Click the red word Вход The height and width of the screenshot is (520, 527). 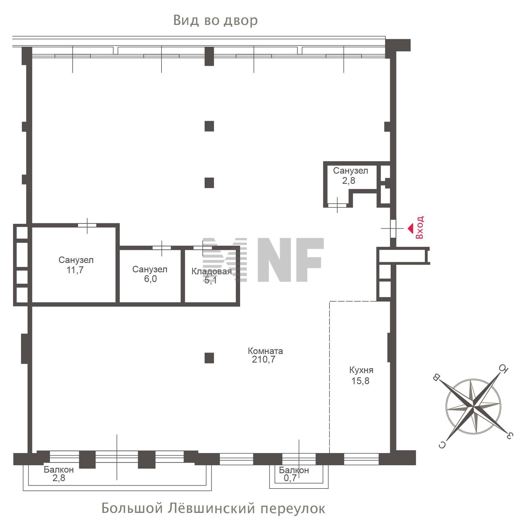(419, 227)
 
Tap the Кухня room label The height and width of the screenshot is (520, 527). (361, 370)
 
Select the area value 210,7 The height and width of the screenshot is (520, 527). (263, 360)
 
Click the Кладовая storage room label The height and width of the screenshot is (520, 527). (211, 271)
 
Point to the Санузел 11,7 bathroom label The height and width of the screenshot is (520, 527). (76, 260)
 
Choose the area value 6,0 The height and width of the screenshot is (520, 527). (150, 279)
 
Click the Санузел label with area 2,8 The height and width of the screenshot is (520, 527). (350, 171)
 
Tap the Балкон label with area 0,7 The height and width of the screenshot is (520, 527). (294, 470)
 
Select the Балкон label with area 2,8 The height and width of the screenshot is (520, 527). (59, 470)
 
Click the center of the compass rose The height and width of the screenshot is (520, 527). (473, 407)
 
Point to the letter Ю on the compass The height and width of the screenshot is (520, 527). (503, 369)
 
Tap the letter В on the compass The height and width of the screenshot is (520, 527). (436, 377)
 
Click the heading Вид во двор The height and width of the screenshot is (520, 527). (215, 20)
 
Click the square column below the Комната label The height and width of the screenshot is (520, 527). (209, 358)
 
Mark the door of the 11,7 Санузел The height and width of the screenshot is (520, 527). (87, 226)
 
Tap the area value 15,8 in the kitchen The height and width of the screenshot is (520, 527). (360, 381)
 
